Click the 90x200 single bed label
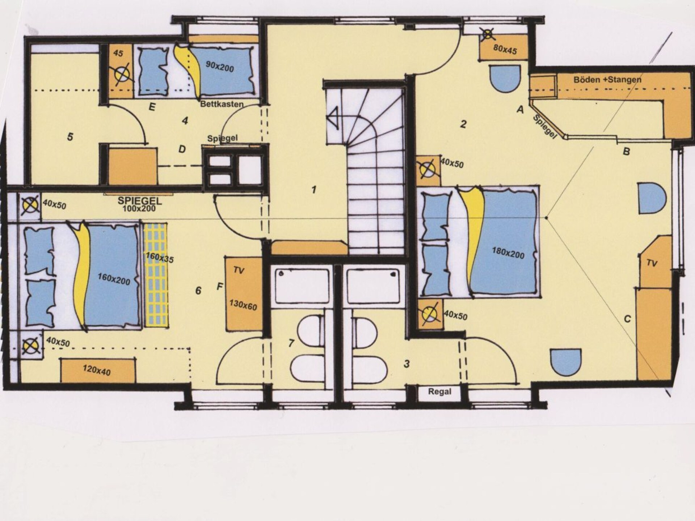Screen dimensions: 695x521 [x=220, y=67]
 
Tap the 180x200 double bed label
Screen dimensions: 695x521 [x=508, y=253]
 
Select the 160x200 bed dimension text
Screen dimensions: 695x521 [x=114, y=279]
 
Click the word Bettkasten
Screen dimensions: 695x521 [x=222, y=104]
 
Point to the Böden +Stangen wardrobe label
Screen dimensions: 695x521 [x=607, y=80]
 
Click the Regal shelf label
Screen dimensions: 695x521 [x=439, y=391]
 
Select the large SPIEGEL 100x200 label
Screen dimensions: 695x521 [x=140, y=204]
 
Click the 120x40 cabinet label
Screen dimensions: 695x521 [x=96, y=370]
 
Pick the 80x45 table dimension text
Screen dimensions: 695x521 [x=505, y=49]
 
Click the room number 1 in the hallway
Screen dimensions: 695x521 [x=314, y=190]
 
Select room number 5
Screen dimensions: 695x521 [x=70, y=137]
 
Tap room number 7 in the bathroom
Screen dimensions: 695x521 [x=291, y=343]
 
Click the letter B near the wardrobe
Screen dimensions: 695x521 [x=626, y=152]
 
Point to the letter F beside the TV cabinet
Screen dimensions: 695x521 [x=220, y=287]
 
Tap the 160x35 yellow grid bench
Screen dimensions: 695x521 [x=156, y=275]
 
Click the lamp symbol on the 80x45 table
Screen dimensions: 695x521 [x=488, y=35]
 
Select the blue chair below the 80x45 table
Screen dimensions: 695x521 [x=505, y=79]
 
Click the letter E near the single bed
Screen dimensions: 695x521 [x=152, y=107]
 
